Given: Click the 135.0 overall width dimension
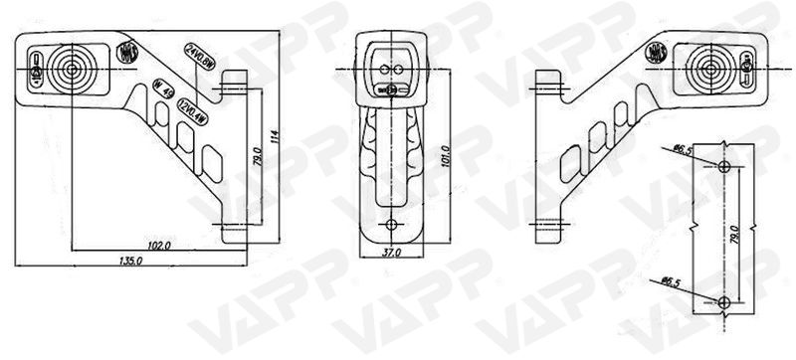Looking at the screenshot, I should pos(131,260).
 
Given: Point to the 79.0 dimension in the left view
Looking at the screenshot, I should pos(258,156).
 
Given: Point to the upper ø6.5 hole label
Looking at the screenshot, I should pos(682,149).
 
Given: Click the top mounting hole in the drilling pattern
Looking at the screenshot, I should pos(724,164).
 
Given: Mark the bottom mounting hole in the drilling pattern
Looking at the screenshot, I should pos(724,300).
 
